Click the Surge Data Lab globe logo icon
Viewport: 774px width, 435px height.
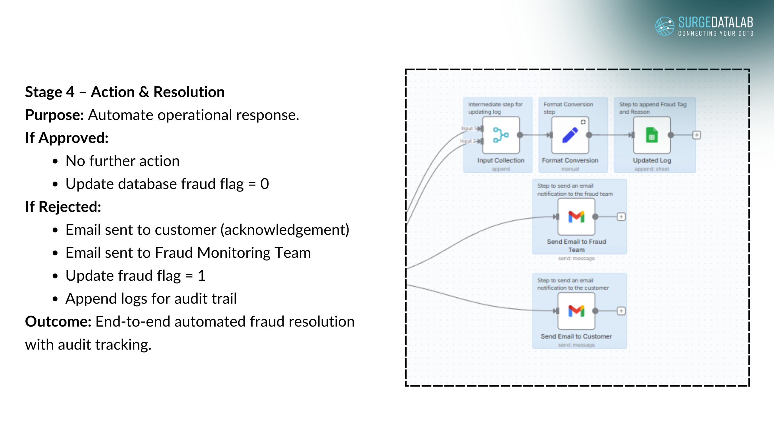(664, 26)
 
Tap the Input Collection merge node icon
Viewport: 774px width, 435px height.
(501, 135)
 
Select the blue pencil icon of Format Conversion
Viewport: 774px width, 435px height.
(570, 135)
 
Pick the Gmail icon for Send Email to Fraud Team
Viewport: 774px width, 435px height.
(576, 217)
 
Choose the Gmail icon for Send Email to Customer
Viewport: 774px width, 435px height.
(576, 311)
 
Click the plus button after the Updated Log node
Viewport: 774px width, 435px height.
(697, 135)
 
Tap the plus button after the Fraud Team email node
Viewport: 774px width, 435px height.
(621, 217)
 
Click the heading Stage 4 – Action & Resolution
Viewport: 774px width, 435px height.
(125, 92)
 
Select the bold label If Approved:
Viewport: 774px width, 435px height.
(67, 138)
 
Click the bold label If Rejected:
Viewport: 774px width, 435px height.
(63, 207)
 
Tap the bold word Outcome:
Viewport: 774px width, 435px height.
(58, 322)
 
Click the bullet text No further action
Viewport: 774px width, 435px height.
(122, 161)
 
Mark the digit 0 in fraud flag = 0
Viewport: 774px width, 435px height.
(265, 184)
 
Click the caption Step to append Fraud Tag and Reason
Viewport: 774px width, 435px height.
(652, 108)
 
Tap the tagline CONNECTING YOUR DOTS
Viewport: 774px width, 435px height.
(715, 34)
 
